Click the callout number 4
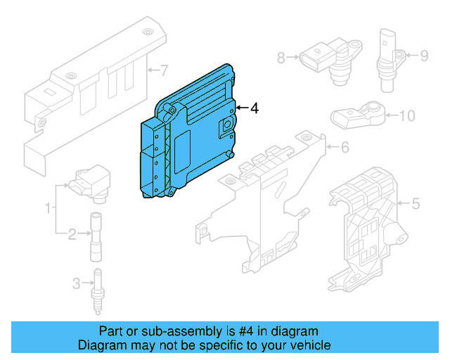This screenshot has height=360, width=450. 255,108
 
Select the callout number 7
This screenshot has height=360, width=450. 164,70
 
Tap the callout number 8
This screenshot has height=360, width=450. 281,58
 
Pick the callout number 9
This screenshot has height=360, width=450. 424,55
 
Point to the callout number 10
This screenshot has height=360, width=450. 408,116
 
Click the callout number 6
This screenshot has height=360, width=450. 345,148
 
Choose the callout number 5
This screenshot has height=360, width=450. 415,205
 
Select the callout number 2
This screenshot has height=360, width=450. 72,233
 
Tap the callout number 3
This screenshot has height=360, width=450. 76,283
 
